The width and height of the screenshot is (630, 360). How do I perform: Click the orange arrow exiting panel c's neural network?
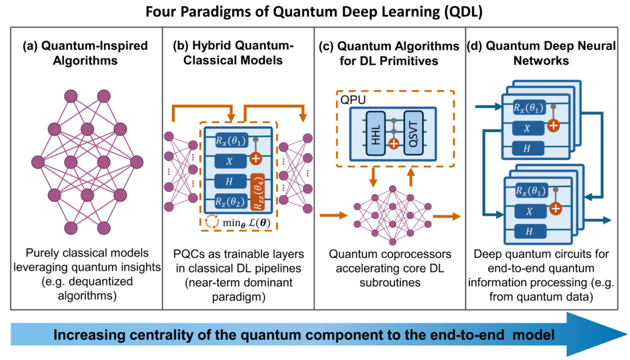[x=445, y=216]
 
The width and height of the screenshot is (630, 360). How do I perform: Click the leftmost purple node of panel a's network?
[x=38, y=162]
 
